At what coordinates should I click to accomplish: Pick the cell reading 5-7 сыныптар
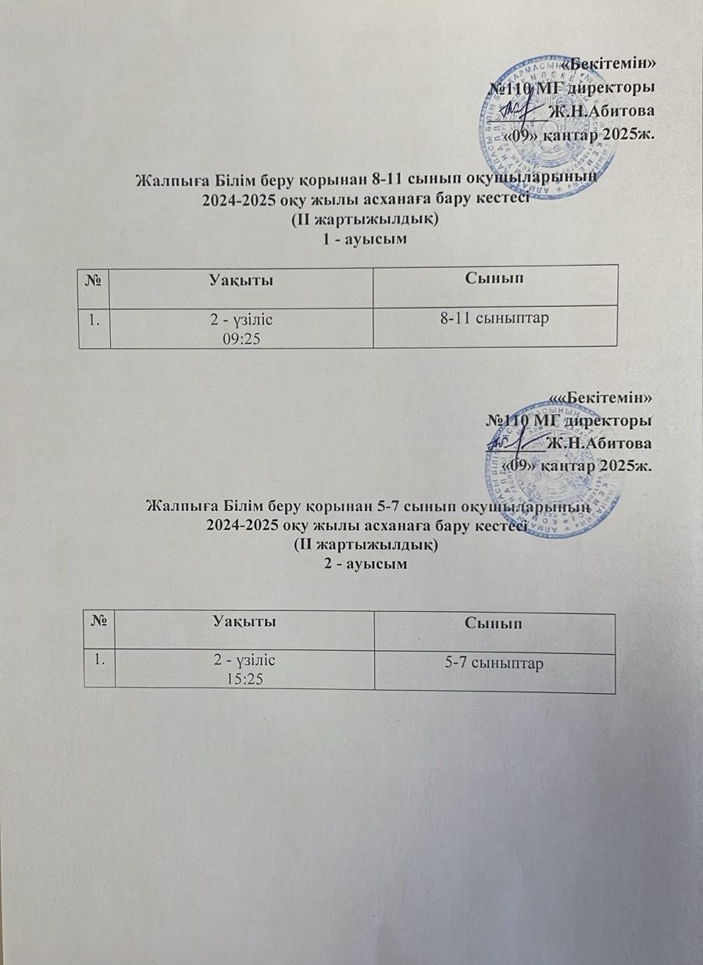click(494, 664)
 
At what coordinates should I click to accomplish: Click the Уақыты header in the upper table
click(241, 278)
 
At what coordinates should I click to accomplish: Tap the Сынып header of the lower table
click(494, 624)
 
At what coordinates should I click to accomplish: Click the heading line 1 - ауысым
click(366, 238)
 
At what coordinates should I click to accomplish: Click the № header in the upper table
click(98, 278)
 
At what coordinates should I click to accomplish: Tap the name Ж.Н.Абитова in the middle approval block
click(600, 444)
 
